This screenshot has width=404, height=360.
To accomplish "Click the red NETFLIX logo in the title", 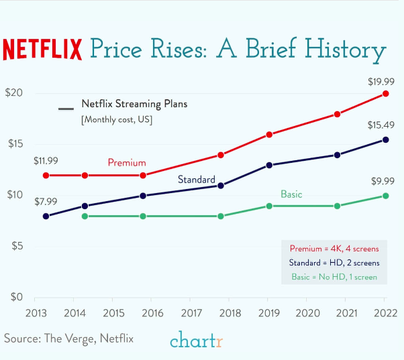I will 42,50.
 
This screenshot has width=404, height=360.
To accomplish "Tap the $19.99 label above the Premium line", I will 381,82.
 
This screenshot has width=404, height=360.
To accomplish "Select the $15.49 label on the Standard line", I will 381,125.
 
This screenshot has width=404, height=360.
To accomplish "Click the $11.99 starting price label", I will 46,161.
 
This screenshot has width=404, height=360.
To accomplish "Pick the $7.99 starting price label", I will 46,201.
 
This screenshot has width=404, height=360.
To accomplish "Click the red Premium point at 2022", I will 385,94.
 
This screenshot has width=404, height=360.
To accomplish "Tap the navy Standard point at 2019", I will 269,165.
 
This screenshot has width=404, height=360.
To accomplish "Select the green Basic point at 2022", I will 385,196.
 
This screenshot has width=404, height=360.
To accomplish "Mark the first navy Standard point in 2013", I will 46,216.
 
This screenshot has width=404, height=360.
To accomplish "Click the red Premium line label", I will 127,163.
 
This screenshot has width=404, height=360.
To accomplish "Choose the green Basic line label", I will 291,194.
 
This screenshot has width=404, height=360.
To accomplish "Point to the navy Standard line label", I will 196,180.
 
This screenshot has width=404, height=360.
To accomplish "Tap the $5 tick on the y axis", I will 15,247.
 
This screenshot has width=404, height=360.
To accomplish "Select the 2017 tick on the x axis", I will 191,313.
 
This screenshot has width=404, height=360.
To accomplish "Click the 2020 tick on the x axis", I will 307,313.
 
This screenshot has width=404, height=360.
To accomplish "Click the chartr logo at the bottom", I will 196,341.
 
